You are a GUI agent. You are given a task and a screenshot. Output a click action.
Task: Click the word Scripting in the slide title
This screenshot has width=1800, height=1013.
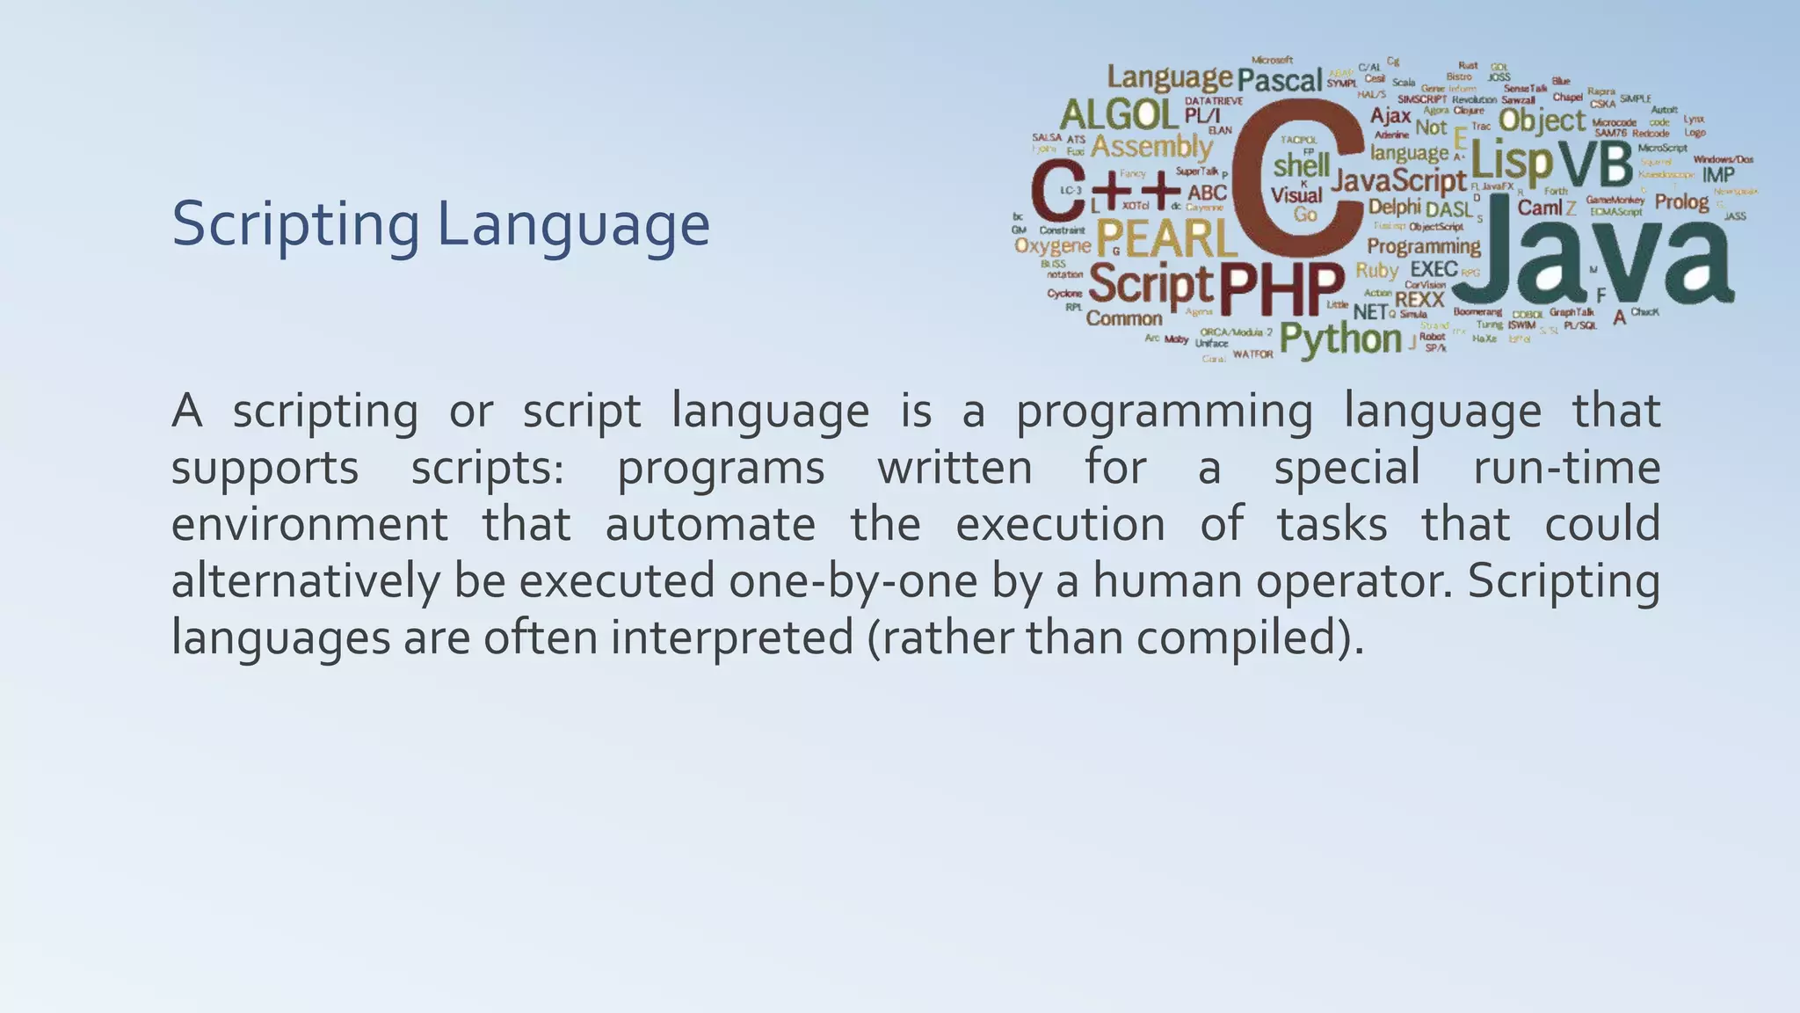click(295, 225)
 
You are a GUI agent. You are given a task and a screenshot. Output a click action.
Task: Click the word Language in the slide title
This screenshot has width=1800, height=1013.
click(573, 225)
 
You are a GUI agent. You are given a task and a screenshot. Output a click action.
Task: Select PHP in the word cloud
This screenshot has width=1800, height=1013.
click(1281, 289)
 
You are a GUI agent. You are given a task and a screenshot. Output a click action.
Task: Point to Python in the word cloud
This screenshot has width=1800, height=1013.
click(1340, 339)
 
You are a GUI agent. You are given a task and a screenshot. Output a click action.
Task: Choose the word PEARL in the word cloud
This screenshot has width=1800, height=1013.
click(1164, 238)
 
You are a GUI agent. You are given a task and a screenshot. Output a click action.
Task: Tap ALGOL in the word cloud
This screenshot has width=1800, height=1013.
click(1119, 114)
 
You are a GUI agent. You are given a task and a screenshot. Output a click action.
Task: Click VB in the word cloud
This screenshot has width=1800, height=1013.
click(1596, 164)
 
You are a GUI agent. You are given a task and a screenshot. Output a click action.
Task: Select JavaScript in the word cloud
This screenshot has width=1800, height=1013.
click(1398, 180)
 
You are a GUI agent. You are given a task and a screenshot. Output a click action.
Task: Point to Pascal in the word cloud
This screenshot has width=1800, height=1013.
click(1280, 81)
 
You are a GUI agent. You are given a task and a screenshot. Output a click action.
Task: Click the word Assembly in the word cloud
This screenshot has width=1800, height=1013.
click(1151, 147)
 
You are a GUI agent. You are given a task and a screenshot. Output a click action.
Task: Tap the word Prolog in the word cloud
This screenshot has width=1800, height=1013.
click(1681, 202)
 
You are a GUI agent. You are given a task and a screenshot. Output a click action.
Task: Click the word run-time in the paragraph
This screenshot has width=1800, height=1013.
click(1566, 467)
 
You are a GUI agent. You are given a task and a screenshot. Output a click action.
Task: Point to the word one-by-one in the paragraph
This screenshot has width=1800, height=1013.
click(853, 580)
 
